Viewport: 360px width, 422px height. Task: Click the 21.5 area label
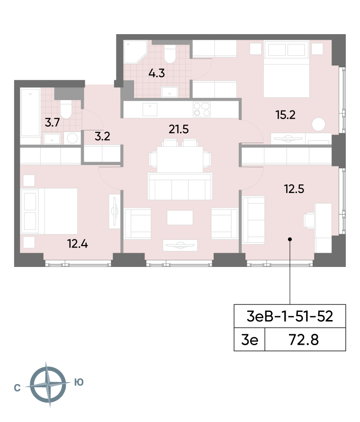pyautogui.click(x=179, y=129)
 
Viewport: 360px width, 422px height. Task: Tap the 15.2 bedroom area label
pyautogui.click(x=285, y=115)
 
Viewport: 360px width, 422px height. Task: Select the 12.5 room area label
pyautogui.click(x=294, y=189)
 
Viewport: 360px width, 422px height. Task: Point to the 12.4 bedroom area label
pyautogui.click(x=77, y=244)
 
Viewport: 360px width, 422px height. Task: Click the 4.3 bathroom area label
pyautogui.click(x=156, y=73)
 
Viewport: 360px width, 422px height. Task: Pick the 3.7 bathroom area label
pyautogui.click(x=52, y=122)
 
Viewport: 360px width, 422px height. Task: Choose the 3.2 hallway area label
pyautogui.click(x=102, y=136)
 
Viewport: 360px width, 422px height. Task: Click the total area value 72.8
pyautogui.click(x=304, y=339)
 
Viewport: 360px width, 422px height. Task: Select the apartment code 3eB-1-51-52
pyautogui.click(x=290, y=316)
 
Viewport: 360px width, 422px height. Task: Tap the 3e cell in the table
pyautogui.click(x=250, y=339)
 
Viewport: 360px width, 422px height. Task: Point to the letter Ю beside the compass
pyautogui.click(x=79, y=382)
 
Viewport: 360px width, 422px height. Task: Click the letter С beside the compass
pyautogui.click(x=17, y=388)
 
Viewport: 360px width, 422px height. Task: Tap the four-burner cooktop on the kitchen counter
pyautogui.click(x=202, y=109)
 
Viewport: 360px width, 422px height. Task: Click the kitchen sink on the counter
pyautogui.click(x=150, y=109)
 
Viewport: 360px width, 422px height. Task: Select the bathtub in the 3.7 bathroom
pyautogui.click(x=30, y=113)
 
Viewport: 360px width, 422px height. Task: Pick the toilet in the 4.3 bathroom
pyautogui.click(x=170, y=54)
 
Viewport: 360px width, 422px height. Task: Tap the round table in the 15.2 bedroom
pyautogui.click(x=319, y=124)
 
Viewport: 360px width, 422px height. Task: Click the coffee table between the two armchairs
pyautogui.click(x=180, y=218)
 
